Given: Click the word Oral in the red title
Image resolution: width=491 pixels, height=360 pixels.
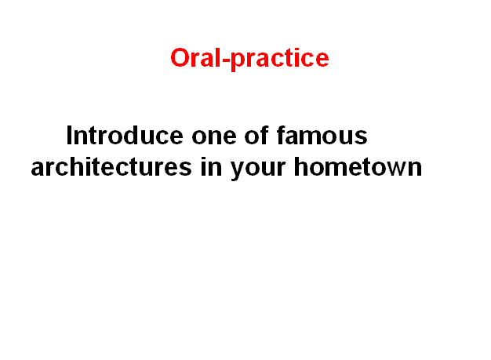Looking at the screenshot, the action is click(195, 57).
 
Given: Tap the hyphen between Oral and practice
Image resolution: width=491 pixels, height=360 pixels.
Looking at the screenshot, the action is click(225, 59).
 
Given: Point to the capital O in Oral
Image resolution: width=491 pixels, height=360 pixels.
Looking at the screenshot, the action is click(180, 57).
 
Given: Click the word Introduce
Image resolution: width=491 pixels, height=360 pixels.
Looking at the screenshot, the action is click(125, 135).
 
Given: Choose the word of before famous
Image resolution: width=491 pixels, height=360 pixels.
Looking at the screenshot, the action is click(256, 135).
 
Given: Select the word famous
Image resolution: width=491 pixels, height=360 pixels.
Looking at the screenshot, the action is click(322, 135).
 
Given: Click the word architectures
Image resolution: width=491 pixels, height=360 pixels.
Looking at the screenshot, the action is click(111, 167).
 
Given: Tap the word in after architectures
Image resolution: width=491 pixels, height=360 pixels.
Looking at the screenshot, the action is click(211, 167).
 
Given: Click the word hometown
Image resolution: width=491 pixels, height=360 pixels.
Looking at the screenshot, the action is click(358, 167).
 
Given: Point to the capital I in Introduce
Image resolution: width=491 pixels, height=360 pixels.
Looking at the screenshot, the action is click(69, 135).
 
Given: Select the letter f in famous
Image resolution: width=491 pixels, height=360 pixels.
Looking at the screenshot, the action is click(282, 135).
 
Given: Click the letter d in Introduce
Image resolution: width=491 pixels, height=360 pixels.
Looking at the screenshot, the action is click(133, 135).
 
